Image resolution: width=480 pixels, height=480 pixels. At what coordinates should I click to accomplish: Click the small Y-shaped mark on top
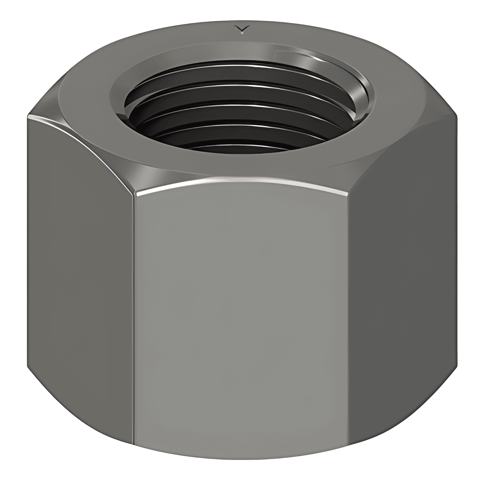point(242,29)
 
